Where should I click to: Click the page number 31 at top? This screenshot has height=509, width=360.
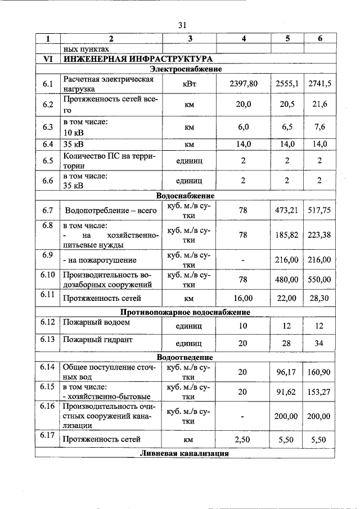click(x=182, y=25)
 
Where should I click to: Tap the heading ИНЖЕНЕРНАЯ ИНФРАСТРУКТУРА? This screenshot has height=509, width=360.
click(x=138, y=58)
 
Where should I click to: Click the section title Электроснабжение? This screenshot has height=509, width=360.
click(x=189, y=69)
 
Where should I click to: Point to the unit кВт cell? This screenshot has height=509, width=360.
click(x=189, y=84)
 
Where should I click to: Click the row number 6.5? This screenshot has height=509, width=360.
click(x=47, y=160)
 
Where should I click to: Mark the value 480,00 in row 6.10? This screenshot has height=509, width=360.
click(x=287, y=280)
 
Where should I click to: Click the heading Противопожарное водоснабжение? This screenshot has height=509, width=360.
click(x=185, y=312)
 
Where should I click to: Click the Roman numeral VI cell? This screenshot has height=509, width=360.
click(x=47, y=58)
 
